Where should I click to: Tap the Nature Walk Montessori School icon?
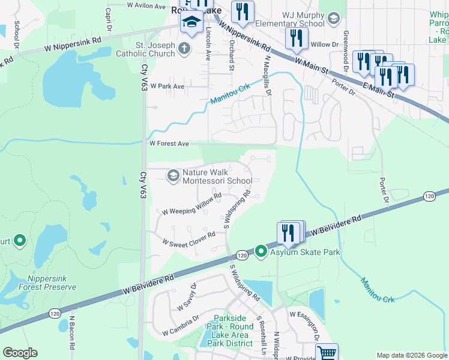click(173, 175)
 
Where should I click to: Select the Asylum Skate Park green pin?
click(261, 251)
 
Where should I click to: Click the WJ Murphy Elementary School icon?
click(334, 19)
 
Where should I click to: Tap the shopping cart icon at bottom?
click(327, 353)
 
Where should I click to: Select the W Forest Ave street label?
click(169, 144)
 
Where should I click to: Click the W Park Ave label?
click(167, 86)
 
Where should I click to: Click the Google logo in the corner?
click(20, 353)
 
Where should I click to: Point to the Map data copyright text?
click(411, 355)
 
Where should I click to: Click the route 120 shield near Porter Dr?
click(429, 196)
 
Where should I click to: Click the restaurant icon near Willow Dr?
click(297, 38)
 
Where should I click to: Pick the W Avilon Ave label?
click(146, 6)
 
